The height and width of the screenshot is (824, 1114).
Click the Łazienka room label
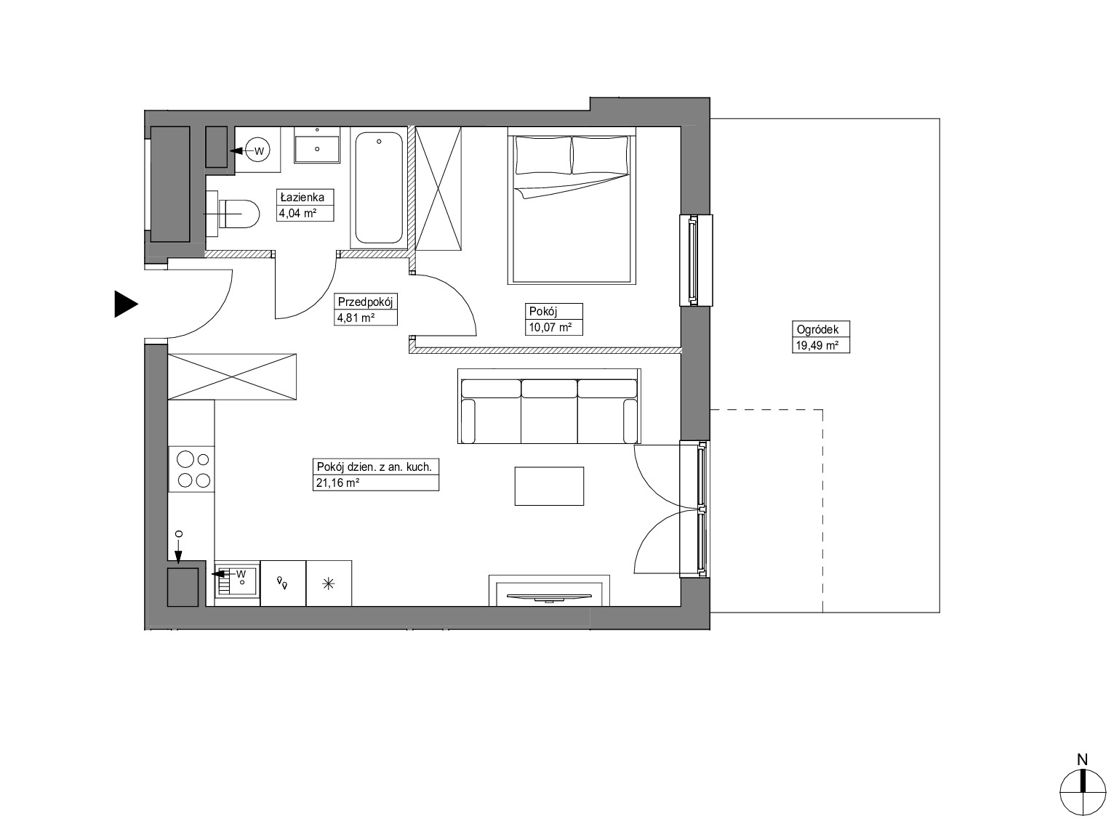pos(302,198)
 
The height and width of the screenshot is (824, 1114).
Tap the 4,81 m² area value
pos(356,318)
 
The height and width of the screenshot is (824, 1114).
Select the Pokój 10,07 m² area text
pos(550,328)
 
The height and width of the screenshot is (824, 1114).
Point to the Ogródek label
pos(817,329)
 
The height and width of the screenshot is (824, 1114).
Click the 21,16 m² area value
pos(337,482)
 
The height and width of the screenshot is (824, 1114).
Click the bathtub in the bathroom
pos(379,187)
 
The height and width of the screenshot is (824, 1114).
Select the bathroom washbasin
pos(317,145)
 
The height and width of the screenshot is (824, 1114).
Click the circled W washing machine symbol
pos(259,150)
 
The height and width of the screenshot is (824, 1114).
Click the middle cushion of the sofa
pos(549,411)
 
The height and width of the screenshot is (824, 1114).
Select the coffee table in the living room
pos(549,486)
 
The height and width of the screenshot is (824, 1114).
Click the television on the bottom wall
pos(549,597)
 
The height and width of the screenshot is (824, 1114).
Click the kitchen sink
pos(237,583)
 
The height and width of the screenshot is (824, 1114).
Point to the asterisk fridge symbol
pos(329,583)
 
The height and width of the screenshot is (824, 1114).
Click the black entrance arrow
pos(126,304)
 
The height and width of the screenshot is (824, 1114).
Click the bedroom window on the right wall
pos(696,260)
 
